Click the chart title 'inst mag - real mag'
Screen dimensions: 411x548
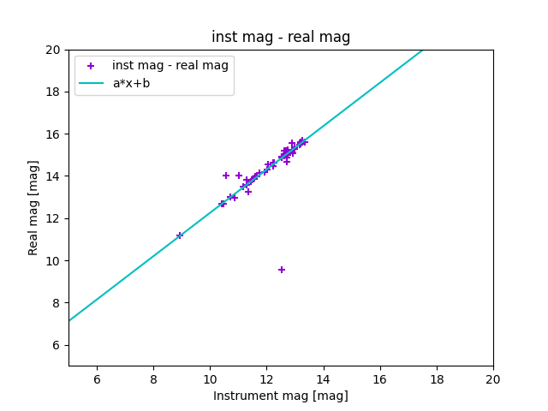[x=281, y=37]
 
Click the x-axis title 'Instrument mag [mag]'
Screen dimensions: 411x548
[x=281, y=396]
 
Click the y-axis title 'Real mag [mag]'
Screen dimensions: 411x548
[x=34, y=208]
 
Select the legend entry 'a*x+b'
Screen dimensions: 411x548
[x=131, y=83]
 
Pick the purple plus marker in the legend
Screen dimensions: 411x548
[x=91, y=66]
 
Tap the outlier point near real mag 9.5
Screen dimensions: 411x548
[x=282, y=270]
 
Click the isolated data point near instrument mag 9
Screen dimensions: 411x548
[x=180, y=235]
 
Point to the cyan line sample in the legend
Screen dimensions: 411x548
[x=91, y=83]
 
